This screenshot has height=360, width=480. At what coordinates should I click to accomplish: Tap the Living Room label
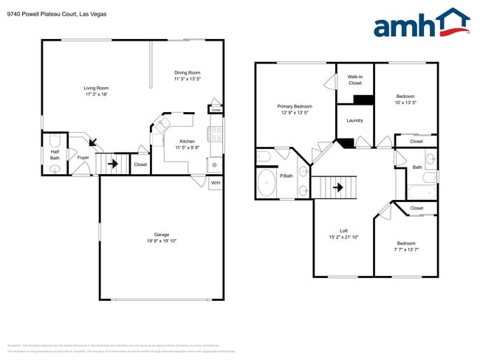(96, 88)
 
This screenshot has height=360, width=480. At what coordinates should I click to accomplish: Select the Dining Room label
(187, 72)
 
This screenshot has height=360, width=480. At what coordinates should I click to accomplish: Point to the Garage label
(161, 235)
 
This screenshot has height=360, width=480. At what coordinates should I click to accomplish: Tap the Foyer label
(83, 157)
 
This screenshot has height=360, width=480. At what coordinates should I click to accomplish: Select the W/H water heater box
(216, 183)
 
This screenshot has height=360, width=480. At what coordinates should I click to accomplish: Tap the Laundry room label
(354, 120)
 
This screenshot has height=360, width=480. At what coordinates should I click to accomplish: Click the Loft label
(343, 231)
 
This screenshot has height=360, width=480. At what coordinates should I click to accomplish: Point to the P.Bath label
(286, 176)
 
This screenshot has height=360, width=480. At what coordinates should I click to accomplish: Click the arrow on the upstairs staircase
(337, 187)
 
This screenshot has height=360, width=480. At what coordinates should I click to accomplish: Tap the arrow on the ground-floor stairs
(113, 164)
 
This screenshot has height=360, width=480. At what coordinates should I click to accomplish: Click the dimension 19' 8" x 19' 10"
(161, 241)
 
